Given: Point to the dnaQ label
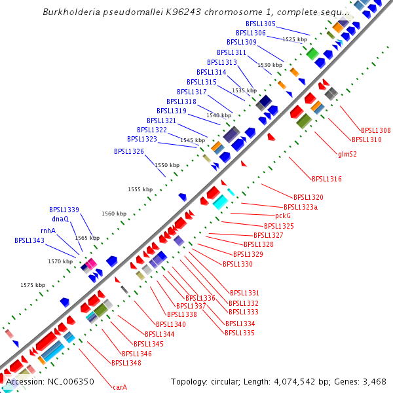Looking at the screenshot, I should (x=60, y=219).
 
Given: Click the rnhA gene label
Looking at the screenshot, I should (x=48, y=230).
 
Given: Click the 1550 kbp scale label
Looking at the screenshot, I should (x=166, y=166).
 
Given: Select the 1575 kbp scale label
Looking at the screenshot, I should (x=33, y=285).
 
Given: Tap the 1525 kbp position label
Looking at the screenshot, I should (x=295, y=39).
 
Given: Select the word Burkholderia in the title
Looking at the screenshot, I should (x=71, y=12).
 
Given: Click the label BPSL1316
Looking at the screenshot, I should (x=326, y=179).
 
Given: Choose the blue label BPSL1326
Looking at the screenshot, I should (x=128, y=151).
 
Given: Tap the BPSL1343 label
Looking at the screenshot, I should (x=29, y=240).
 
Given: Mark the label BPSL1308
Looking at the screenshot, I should (x=375, y=130).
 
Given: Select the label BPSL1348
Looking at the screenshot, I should (x=126, y=362).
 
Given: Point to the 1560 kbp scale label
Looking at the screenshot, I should (x=114, y=214).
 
